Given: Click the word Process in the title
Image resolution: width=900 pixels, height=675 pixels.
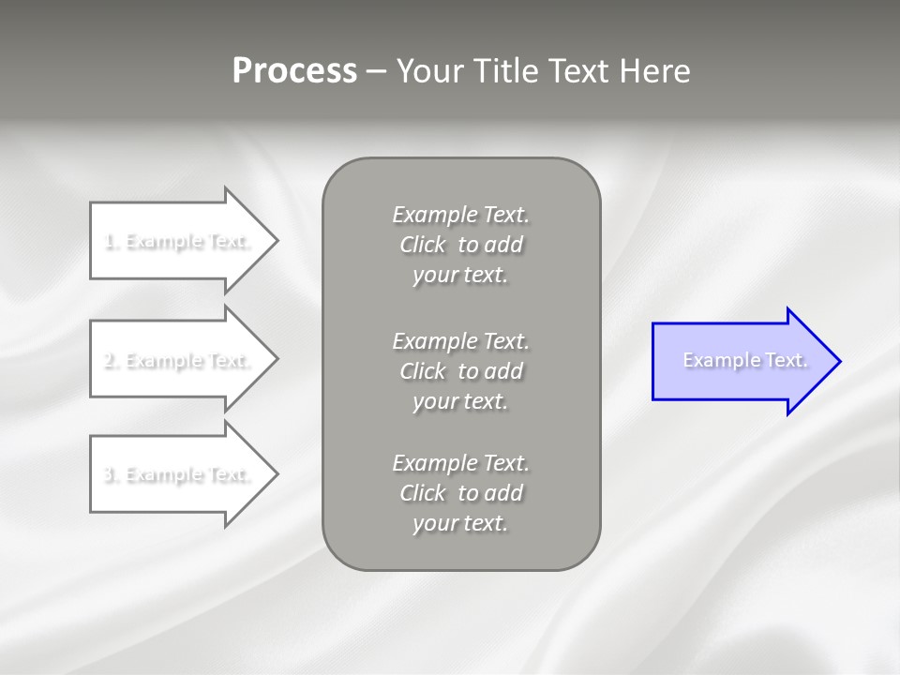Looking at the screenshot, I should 294,71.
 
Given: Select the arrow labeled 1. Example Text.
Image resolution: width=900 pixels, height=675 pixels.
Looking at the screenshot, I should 178,241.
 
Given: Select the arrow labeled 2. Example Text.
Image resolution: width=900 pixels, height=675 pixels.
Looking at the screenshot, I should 178,360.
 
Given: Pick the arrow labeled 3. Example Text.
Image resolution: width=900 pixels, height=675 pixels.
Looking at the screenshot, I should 178,474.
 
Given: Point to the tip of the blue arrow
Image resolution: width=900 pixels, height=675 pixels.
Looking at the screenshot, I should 838,361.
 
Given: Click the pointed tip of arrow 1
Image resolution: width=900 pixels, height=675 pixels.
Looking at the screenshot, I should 276,241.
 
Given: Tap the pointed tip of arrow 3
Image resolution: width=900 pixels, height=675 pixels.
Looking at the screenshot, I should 276,474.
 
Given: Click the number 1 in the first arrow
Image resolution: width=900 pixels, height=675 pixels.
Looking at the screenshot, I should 109,242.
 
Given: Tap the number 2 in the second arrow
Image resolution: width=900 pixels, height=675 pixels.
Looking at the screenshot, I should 109,361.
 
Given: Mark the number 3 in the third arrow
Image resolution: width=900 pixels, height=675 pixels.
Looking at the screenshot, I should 109,475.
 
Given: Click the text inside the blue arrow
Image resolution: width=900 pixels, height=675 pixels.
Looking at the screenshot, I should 744,360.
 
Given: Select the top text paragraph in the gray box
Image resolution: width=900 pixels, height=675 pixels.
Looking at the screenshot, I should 460,245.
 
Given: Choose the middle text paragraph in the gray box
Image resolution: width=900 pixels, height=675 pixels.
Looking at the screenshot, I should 460,371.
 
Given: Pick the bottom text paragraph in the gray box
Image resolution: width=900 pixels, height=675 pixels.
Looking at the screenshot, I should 460,493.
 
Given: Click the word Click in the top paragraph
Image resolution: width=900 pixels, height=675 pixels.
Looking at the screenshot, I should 423,245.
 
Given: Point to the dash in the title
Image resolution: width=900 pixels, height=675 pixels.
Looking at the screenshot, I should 377,72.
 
